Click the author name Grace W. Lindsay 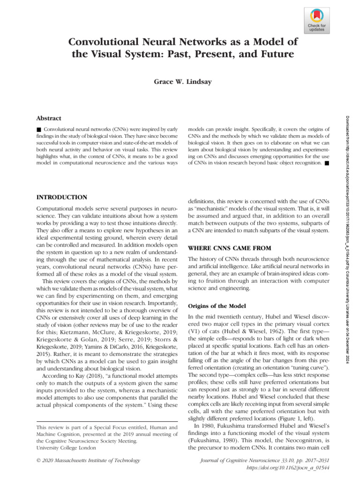coord(180,81)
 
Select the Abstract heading coord(49,119)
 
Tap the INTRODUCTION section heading coord(61,197)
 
